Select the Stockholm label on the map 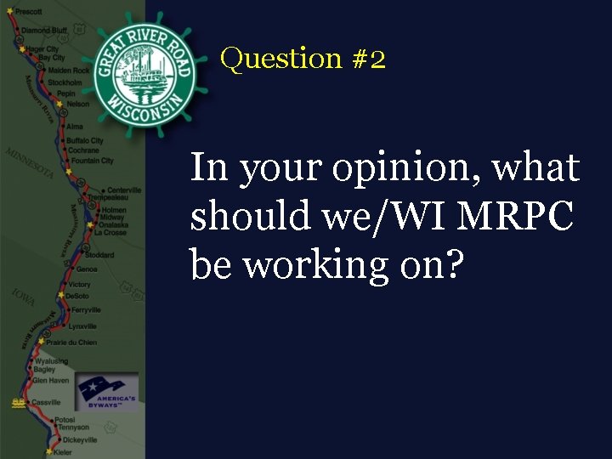(65, 82)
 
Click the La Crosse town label (110, 232)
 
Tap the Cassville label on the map (46, 402)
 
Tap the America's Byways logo (105, 392)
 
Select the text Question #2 (303, 59)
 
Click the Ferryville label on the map (84, 310)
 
